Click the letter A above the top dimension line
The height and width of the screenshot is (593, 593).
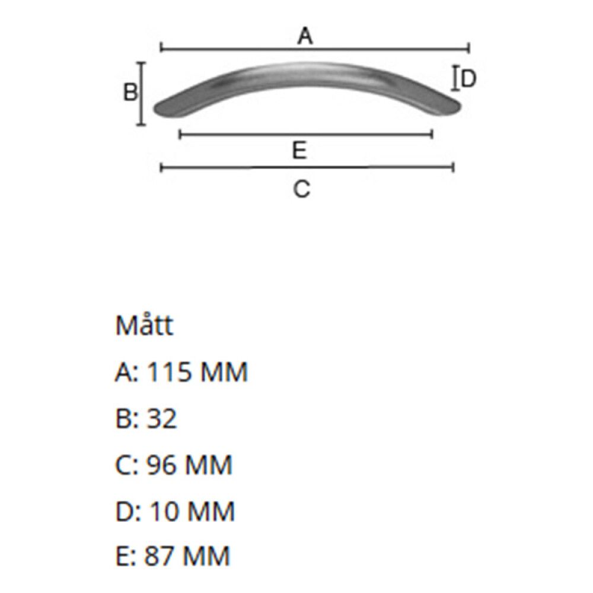[x=304, y=37]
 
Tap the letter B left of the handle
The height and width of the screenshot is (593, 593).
[x=130, y=93]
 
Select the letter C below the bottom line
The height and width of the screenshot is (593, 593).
[x=302, y=189]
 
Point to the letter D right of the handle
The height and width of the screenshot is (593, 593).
[x=469, y=78]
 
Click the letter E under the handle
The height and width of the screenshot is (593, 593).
[x=299, y=151]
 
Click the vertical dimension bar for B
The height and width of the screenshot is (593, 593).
[x=141, y=94]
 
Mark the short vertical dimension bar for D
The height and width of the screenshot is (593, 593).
[x=455, y=78]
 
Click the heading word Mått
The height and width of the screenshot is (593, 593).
[x=144, y=326]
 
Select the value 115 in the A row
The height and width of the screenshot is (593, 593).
[x=169, y=372]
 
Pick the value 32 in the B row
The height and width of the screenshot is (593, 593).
[x=161, y=419]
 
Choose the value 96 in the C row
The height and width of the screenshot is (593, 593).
[x=161, y=465]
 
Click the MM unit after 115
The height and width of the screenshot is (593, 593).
[x=224, y=372]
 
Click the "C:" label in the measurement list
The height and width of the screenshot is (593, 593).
[x=126, y=465]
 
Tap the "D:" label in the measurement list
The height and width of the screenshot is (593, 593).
[x=127, y=511]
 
